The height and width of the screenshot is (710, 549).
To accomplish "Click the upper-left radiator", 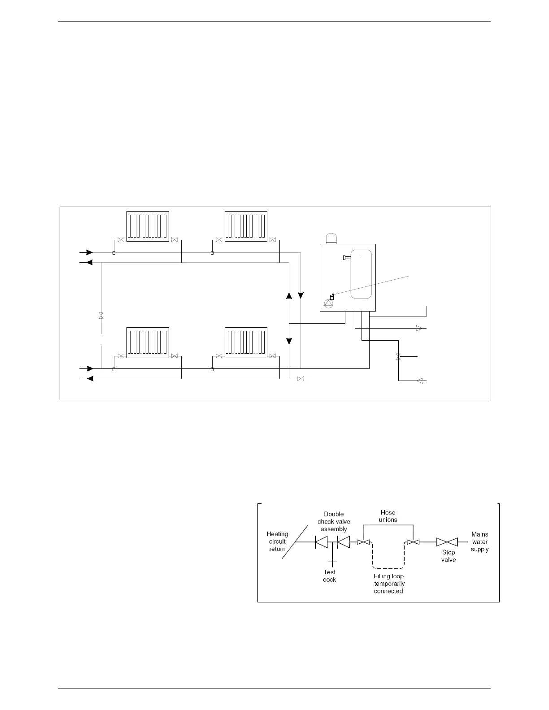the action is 148,226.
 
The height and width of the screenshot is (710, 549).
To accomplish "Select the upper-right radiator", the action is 245,226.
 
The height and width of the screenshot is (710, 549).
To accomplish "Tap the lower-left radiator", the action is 148,343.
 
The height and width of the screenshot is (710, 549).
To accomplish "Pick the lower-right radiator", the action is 245,343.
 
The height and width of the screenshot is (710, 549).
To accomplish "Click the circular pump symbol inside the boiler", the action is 329,303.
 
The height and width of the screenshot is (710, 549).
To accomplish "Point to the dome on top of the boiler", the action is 332,238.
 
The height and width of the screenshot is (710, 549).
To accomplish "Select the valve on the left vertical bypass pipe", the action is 101,316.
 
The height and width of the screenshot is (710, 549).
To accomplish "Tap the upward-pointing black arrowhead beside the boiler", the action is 289,296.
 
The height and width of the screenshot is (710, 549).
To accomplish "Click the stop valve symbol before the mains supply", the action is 447,542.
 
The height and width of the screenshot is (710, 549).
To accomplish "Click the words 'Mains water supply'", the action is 479,541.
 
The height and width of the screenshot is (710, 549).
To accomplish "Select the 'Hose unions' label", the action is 388,516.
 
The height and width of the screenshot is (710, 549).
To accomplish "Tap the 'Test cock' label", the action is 330,576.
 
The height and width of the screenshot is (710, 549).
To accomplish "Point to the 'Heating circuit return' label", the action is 277,541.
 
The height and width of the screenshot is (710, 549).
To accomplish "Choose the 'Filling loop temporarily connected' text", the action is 389,584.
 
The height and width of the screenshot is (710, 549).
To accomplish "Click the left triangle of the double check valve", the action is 321,542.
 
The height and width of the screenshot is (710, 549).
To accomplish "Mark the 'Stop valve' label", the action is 449,556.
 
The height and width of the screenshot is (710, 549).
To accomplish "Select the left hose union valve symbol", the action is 363,543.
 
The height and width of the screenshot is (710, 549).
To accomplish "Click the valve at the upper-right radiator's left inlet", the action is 219,240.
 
